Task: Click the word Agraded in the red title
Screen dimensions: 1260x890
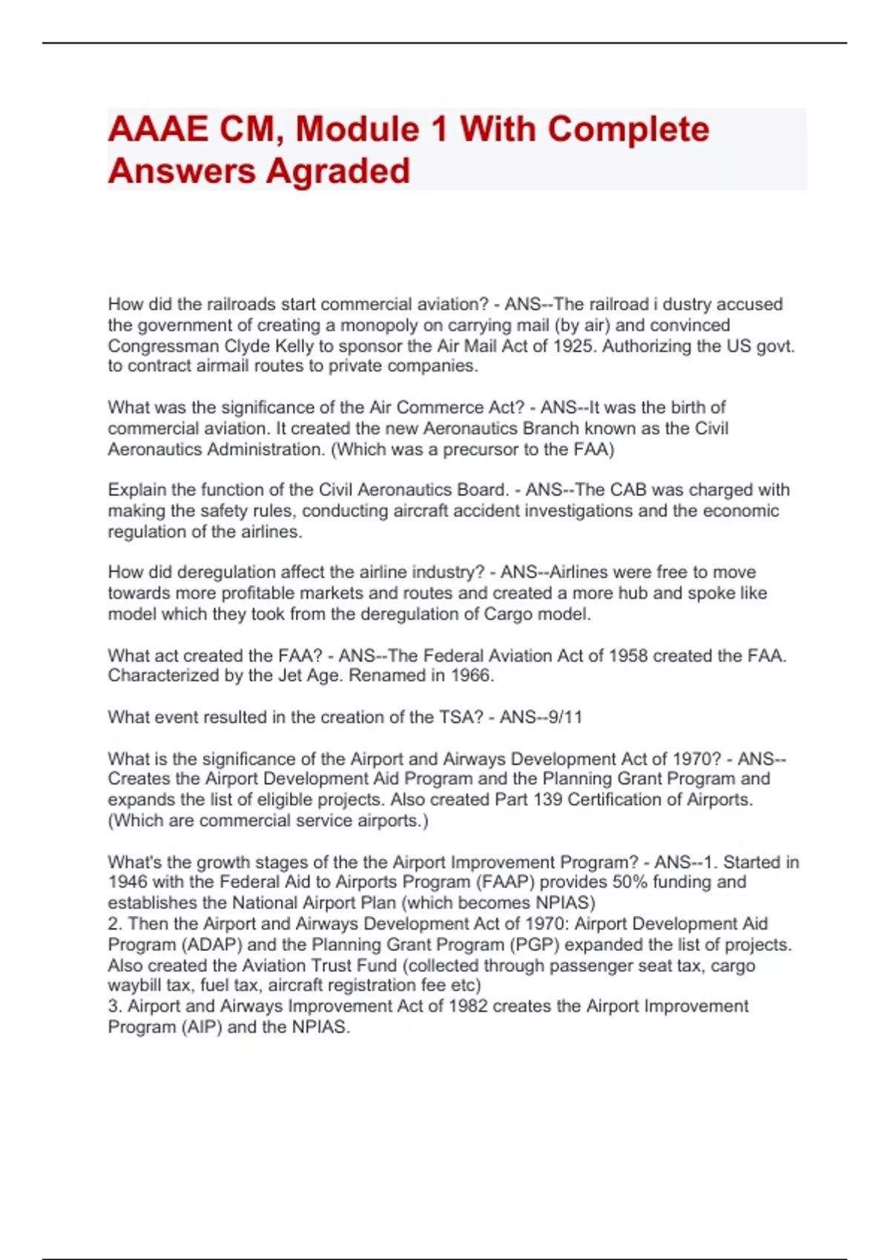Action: pyautogui.click(x=337, y=170)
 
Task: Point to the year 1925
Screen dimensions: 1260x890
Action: pyautogui.click(x=574, y=346)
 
